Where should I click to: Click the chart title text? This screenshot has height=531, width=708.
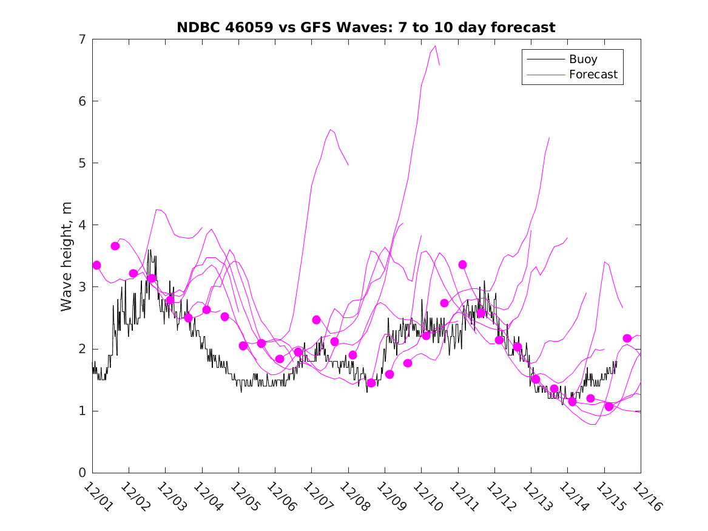pos(366,27)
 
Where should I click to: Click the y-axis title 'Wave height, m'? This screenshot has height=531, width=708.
pos(67,257)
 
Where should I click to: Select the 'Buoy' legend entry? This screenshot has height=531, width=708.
pos(582,59)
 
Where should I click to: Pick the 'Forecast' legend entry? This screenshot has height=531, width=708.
pos(593,75)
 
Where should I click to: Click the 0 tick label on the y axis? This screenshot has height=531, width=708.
pos(81,473)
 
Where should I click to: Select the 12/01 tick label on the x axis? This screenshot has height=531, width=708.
pos(97,496)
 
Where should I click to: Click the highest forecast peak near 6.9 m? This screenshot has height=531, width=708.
pos(435,46)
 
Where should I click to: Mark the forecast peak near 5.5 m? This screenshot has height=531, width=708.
pos(330,129)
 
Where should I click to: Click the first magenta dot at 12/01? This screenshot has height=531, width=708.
pos(96,265)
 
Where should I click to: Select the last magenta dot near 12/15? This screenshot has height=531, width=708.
pos(627,338)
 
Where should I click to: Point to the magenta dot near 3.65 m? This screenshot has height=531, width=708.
pos(115,246)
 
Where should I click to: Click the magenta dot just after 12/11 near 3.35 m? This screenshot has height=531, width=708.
pos(462,265)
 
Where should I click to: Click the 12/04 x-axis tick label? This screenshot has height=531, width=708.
pos(207,496)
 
